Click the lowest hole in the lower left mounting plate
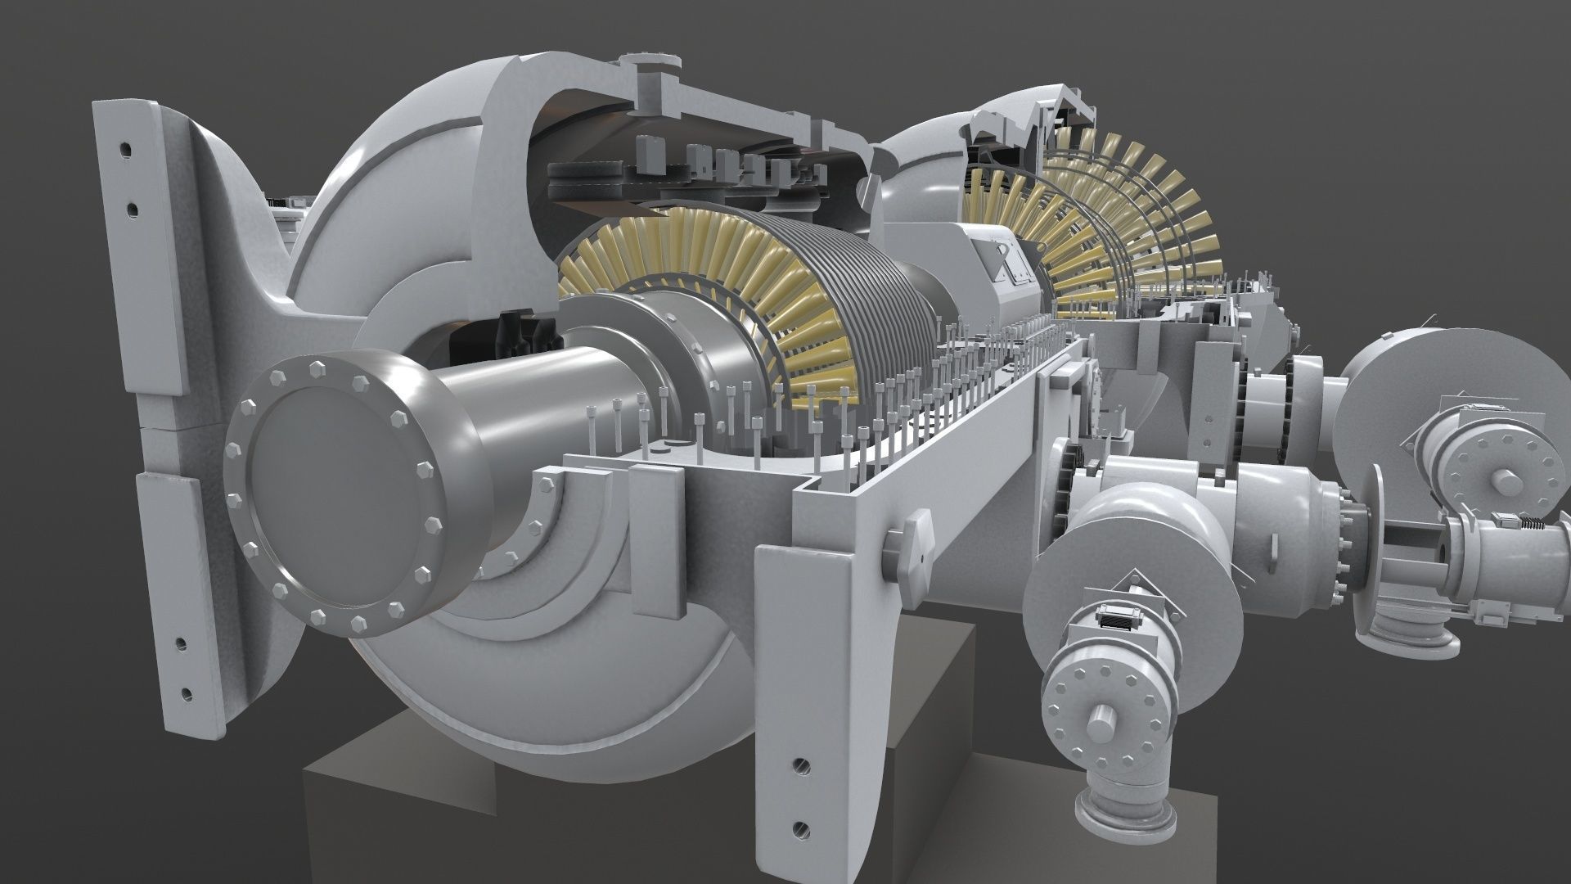(188, 694)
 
